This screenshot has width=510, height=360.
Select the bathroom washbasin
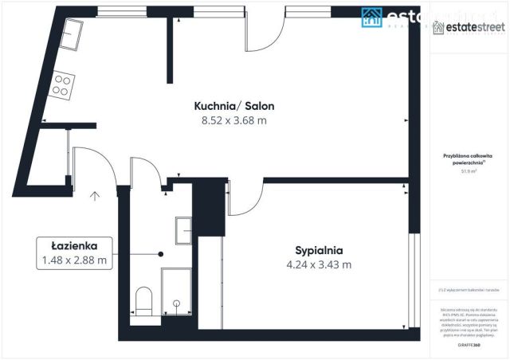pos(185,229)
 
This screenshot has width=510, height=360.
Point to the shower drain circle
pos(177,303)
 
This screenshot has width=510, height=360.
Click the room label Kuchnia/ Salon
pos(229,106)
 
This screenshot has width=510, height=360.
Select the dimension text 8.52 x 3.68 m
pos(229,120)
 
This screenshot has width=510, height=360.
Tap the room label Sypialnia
pos(318,248)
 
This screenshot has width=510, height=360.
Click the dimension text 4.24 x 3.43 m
pos(318,264)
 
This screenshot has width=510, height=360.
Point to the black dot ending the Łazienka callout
pos(161,254)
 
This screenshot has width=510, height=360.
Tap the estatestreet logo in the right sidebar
pos(469,29)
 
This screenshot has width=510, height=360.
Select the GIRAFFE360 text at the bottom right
pos(468,346)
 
